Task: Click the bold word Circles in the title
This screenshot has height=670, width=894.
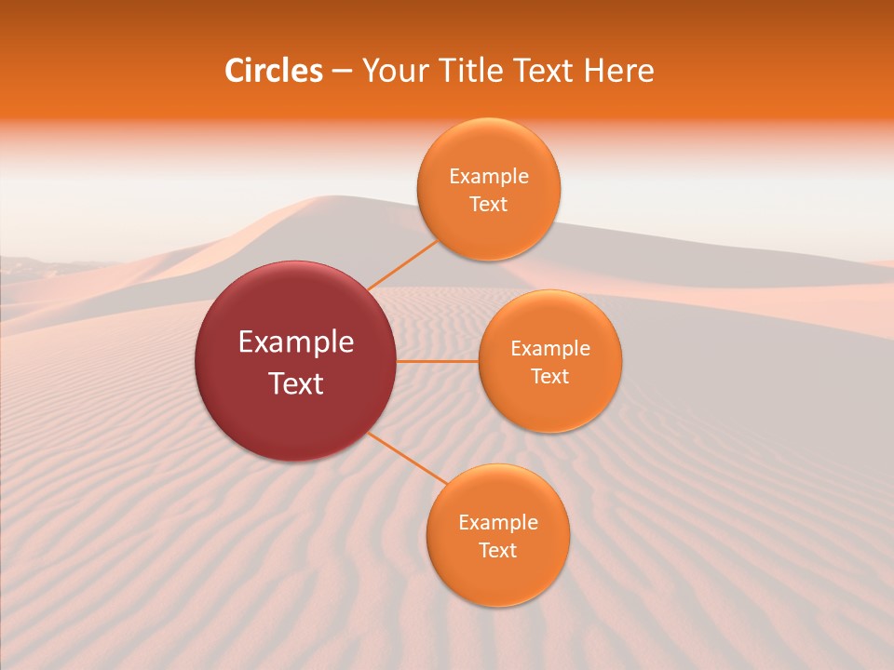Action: point(273,71)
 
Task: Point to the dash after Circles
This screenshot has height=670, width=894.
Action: point(341,72)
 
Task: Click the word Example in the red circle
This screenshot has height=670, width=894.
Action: point(296,342)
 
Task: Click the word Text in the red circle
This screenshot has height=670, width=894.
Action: point(296,383)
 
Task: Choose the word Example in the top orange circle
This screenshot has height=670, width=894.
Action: point(488,177)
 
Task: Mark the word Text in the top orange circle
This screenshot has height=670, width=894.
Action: point(488,205)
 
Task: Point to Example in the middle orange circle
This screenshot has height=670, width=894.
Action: point(550,349)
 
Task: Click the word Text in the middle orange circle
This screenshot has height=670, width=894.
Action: point(550,377)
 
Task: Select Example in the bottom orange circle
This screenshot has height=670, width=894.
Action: point(497,523)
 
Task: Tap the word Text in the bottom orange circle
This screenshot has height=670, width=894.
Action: point(497,551)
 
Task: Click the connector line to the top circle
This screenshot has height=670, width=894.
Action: point(402,265)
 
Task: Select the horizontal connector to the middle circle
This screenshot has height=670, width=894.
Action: point(438,361)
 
